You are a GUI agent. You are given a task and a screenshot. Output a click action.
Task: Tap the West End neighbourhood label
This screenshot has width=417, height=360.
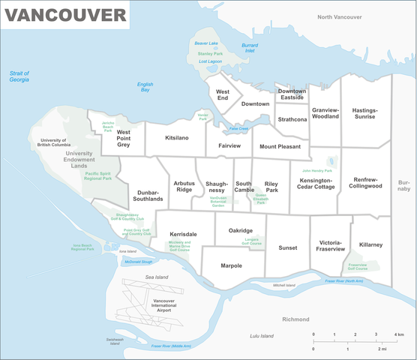click(223, 94)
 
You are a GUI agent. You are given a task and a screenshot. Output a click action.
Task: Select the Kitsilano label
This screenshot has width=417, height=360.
click(177, 138)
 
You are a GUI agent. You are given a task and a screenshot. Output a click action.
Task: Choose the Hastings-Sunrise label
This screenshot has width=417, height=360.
click(365, 112)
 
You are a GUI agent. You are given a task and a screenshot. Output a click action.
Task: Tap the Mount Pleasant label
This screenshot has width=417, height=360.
click(280, 147)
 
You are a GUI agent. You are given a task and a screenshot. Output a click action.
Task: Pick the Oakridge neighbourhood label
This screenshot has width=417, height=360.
click(241, 230)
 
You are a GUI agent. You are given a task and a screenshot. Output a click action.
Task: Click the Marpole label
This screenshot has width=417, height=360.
click(232, 265)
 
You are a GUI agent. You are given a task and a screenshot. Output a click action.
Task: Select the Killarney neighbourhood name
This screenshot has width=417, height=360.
click(370, 244)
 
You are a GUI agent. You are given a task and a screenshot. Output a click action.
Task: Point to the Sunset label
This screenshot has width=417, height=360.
click(288, 247)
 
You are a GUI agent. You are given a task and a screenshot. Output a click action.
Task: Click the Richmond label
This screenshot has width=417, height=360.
click(295, 319)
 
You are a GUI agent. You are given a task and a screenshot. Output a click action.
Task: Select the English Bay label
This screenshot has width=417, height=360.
click(145, 88)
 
